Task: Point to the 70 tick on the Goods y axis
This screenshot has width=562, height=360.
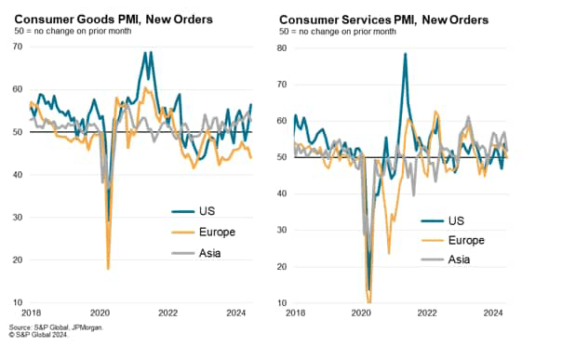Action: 17,47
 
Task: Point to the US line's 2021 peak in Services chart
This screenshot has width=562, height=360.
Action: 406,54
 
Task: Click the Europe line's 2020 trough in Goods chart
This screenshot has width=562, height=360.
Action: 109,268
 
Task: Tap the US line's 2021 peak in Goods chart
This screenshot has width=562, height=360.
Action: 145,52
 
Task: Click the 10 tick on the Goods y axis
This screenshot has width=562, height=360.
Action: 17,302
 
